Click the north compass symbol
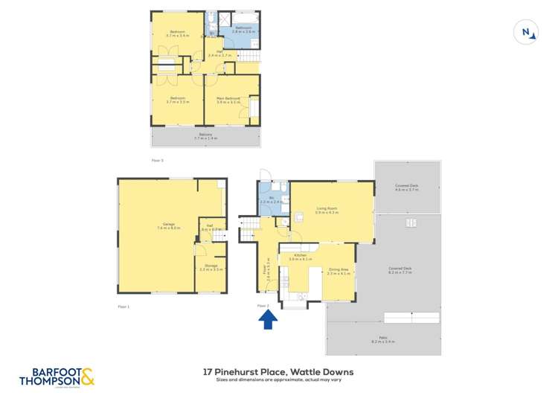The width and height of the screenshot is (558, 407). point(526,32)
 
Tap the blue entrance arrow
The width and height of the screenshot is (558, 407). point(269,319)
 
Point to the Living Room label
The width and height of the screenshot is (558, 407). point(327,211)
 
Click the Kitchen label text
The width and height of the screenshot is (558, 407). point(300,257)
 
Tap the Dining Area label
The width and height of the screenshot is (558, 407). point(339,272)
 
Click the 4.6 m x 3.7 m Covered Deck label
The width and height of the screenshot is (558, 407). point(407,188)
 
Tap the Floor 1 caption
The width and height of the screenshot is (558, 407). point(124,306)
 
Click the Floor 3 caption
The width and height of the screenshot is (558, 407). point(157,160)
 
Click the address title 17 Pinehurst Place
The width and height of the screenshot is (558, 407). point(279,371)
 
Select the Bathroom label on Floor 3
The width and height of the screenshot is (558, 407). point(243,31)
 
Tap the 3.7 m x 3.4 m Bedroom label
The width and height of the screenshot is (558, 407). point(177,33)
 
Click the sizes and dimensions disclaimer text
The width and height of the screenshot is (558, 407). point(279,380)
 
